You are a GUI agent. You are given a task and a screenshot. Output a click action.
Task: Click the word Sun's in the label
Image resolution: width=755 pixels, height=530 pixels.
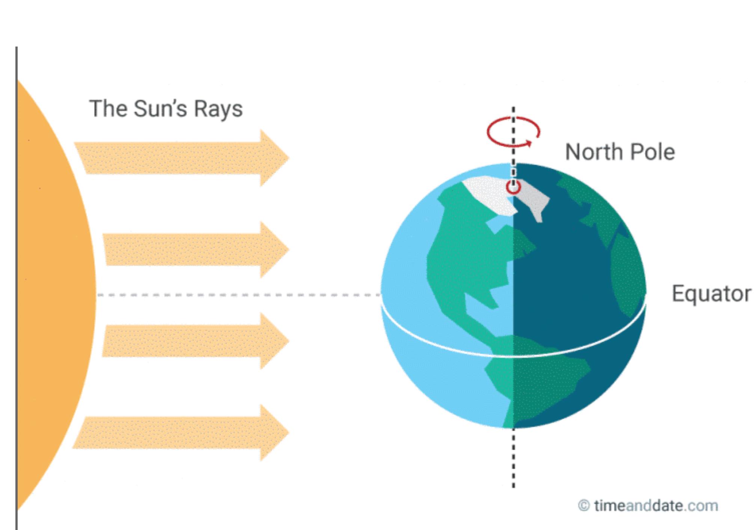(x=160, y=109)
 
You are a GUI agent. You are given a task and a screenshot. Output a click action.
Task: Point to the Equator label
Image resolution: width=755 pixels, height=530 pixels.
(x=711, y=294)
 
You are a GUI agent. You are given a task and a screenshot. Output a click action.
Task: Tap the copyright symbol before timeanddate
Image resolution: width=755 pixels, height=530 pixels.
(x=583, y=506)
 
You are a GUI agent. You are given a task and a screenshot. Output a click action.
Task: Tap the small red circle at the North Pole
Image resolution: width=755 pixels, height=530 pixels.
(x=513, y=187)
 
